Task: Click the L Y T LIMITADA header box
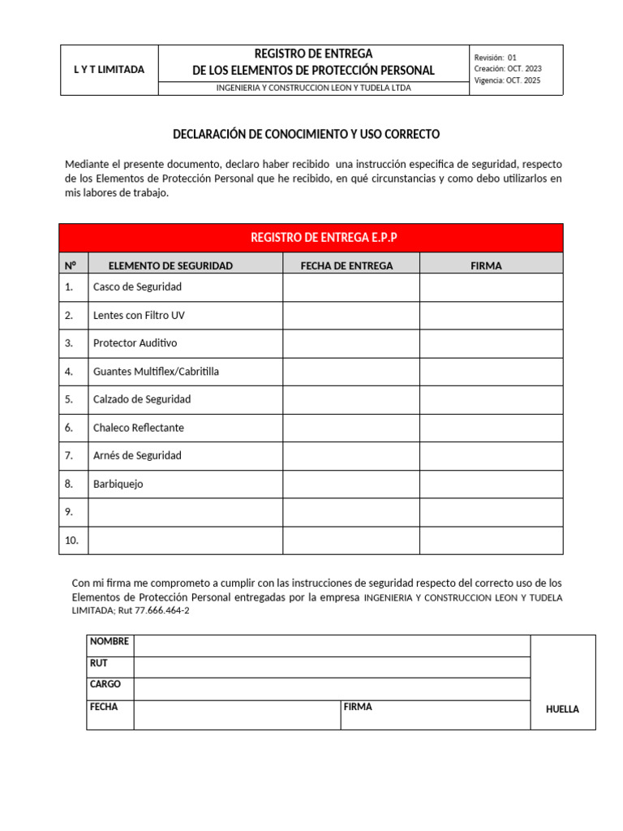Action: (109, 70)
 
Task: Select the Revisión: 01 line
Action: (495, 58)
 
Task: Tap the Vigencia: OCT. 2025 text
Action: (507, 80)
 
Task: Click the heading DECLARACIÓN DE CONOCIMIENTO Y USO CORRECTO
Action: (307, 133)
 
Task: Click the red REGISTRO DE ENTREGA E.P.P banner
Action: (311, 238)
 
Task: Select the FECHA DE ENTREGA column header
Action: (346, 265)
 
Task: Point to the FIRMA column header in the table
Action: (486, 265)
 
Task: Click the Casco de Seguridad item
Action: (137, 287)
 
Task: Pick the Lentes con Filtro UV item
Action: (133, 315)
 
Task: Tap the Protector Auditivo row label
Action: (135, 343)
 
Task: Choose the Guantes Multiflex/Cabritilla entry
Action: (156, 372)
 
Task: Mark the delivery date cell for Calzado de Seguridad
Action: (350, 399)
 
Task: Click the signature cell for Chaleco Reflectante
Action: (491, 428)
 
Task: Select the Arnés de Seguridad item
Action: (137, 455)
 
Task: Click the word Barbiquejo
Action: (118, 484)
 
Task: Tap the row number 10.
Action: (71, 540)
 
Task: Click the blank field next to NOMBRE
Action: (331, 645)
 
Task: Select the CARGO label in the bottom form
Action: (105, 684)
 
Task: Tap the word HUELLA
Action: (562, 709)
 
